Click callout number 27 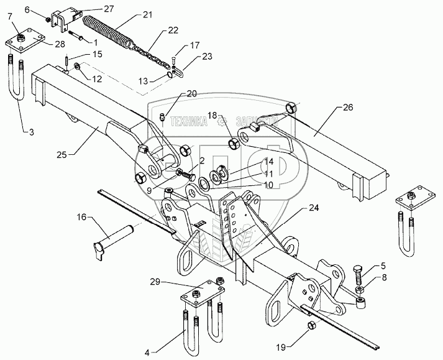click(109, 9)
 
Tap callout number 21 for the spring click(147, 14)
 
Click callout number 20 click(191, 94)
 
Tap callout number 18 click(212, 116)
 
